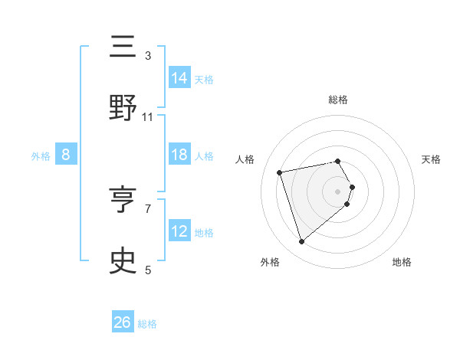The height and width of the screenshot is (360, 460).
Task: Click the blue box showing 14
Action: pyautogui.click(x=179, y=78)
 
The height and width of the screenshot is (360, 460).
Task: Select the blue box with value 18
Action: pyautogui.click(x=179, y=155)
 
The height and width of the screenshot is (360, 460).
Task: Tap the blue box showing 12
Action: pyautogui.click(x=179, y=231)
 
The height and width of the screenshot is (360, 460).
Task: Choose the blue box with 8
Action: pyautogui.click(x=66, y=155)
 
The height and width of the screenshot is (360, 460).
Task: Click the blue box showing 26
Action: pyautogui.click(x=123, y=322)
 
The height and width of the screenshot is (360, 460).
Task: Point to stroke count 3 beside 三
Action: pyautogui.click(x=148, y=55)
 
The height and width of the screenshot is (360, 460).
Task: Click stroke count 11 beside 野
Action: pyautogui.click(x=148, y=116)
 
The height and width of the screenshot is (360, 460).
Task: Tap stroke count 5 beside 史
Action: pyautogui.click(x=148, y=270)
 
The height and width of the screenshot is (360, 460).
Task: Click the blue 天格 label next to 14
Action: pyautogui.click(x=204, y=79)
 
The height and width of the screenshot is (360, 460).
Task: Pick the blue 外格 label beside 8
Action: pyautogui.click(x=41, y=155)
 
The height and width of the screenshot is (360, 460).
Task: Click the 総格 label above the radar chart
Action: pyautogui.click(x=338, y=100)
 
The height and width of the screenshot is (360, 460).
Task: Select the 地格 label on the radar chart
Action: pyautogui.click(x=402, y=262)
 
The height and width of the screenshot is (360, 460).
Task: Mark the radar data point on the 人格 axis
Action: pyautogui.click(x=280, y=172)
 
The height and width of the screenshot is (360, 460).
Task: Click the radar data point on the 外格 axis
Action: pyautogui.click(x=302, y=241)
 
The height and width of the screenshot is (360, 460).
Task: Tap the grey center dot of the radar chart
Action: pyautogui.click(x=338, y=191)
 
